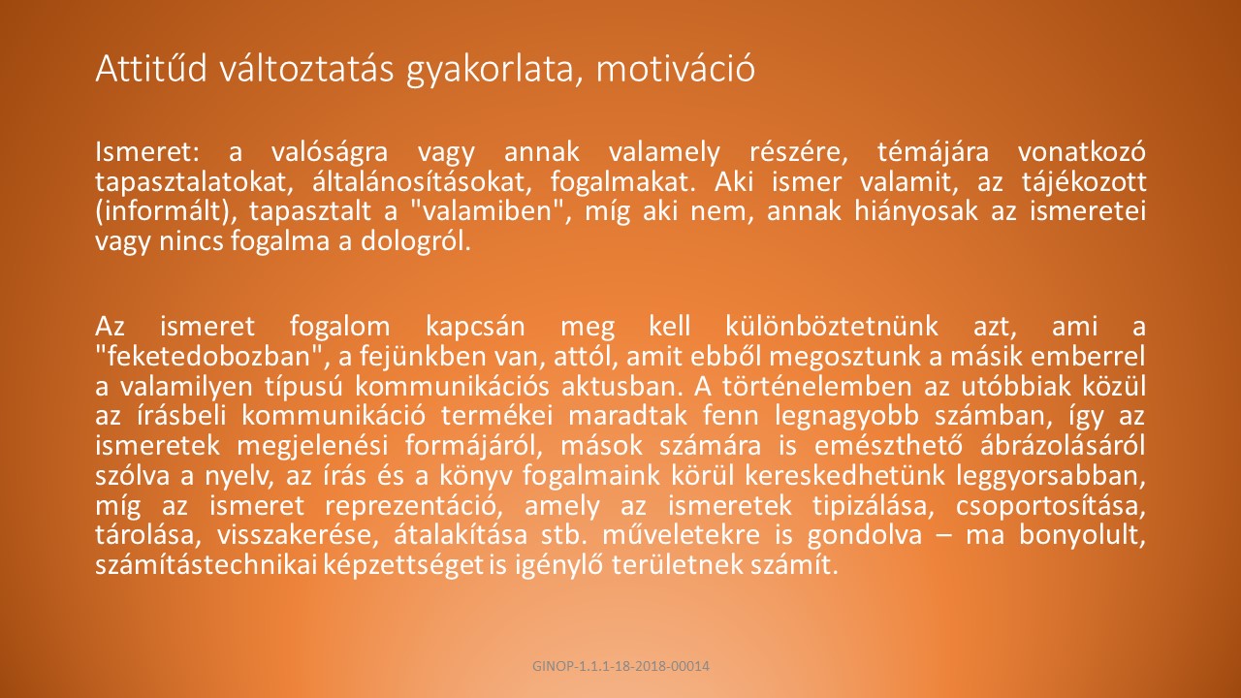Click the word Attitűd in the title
click(x=151, y=69)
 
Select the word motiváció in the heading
click(x=676, y=69)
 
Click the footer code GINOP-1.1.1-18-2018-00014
click(x=620, y=666)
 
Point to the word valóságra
click(x=330, y=153)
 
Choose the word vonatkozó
click(x=1081, y=152)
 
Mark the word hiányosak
click(x=916, y=212)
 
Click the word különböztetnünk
click(x=832, y=327)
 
